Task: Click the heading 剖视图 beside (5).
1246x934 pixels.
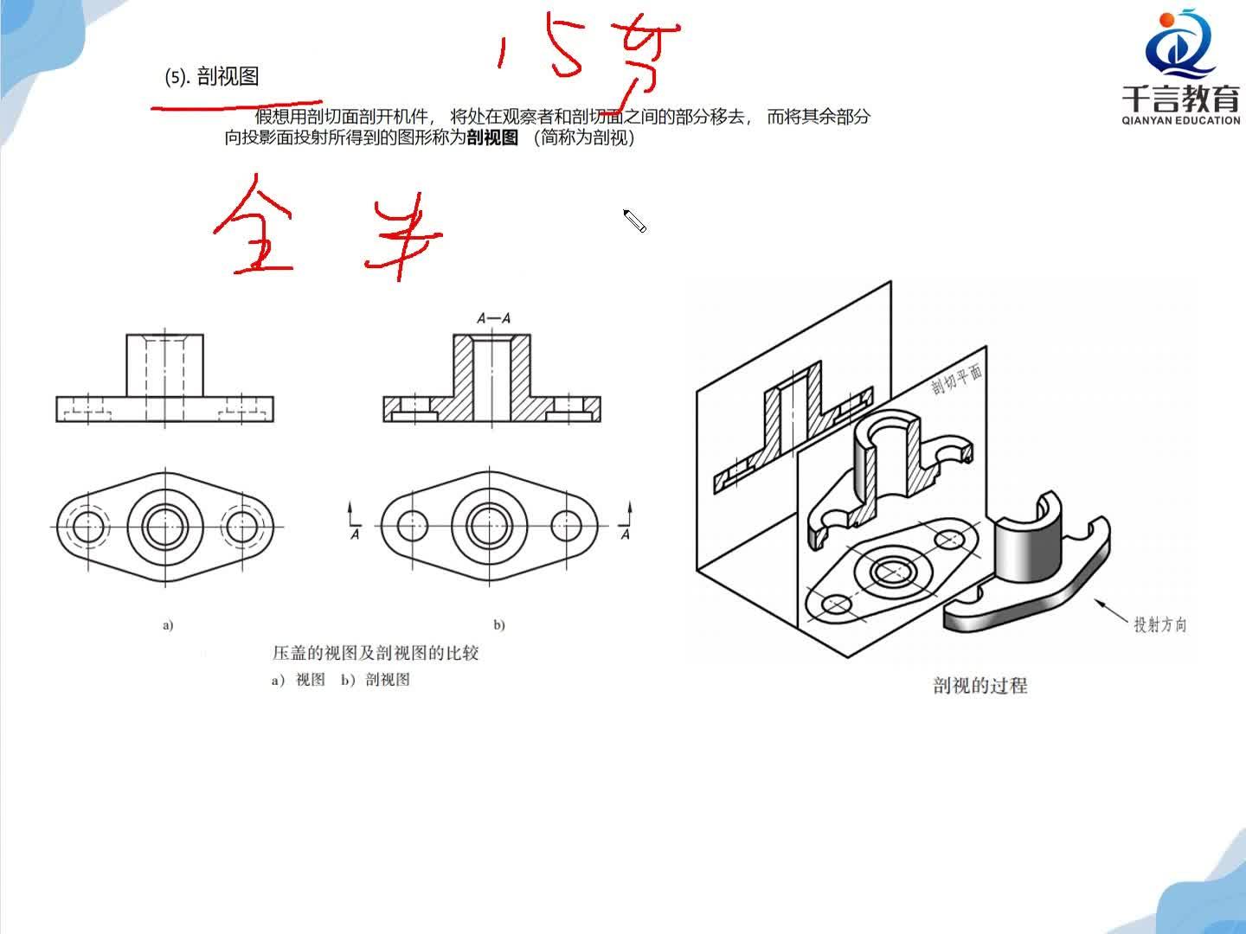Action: pyautogui.click(x=228, y=77)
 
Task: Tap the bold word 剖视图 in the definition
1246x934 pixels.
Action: pyautogui.click(x=491, y=138)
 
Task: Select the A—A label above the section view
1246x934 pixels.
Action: pyautogui.click(x=493, y=318)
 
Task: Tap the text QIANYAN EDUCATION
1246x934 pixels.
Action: pyautogui.click(x=1180, y=120)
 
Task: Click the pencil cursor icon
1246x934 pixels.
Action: pyautogui.click(x=635, y=221)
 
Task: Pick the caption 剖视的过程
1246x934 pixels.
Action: pyautogui.click(x=980, y=686)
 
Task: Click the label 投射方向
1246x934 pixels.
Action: pyautogui.click(x=1159, y=624)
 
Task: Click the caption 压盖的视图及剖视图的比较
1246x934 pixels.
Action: pyautogui.click(x=376, y=653)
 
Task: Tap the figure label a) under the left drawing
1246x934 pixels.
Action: pyautogui.click(x=168, y=624)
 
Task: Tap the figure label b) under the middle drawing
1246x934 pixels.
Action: pyautogui.click(x=498, y=624)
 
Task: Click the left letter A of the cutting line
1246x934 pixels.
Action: pyautogui.click(x=355, y=534)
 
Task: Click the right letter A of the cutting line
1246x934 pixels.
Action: pyautogui.click(x=626, y=534)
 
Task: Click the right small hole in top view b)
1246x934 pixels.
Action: pyautogui.click(x=566, y=525)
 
